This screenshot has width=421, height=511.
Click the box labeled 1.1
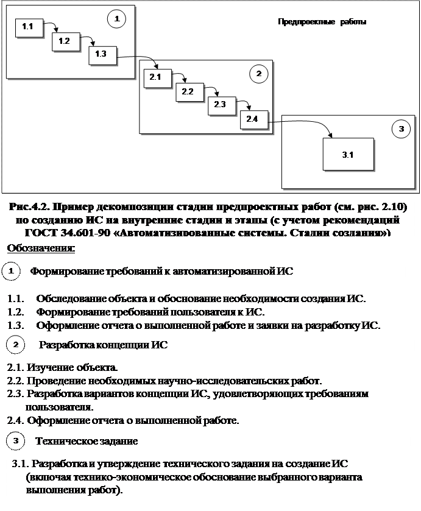click(27, 27)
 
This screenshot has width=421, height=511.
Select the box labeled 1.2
click(65, 41)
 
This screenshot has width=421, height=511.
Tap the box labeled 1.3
click(101, 55)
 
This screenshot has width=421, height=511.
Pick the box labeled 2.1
click(155, 78)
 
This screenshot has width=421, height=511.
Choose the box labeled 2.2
click(188, 92)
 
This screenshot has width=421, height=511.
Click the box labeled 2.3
click(220, 105)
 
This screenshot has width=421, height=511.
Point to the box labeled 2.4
click(253, 119)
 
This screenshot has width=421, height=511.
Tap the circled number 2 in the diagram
click(258, 74)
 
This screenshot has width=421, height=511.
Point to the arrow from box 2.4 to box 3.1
click(305, 124)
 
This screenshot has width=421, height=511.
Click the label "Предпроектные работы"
click(322, 23)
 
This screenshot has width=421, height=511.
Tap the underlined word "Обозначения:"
click(41, 248)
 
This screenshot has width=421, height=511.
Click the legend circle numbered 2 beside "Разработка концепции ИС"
click(15, 345)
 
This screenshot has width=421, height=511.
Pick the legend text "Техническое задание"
click(87, 440)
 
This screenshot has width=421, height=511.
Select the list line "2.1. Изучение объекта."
click(63, 368)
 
